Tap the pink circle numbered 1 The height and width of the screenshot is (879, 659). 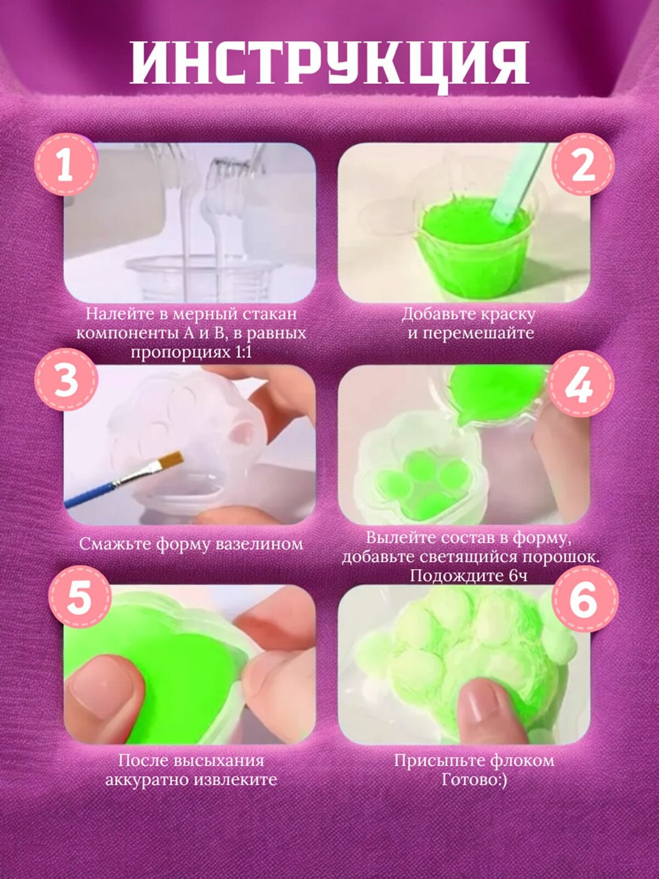[66, 165]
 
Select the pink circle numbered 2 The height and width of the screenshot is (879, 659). [583, 164]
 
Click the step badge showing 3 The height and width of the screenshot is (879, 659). [66, 380]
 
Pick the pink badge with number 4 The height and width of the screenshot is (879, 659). [580, 385]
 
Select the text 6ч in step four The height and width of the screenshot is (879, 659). [518, 576]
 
